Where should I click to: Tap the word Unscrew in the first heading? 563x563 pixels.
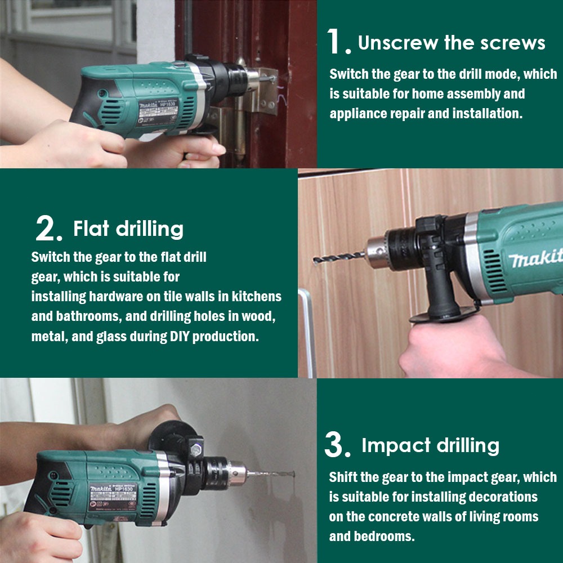(397, 42)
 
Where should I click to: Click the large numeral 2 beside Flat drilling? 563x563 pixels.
(45, 228)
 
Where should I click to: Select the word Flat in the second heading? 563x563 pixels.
(91, 228)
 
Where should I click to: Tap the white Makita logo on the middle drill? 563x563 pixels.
(535, 258)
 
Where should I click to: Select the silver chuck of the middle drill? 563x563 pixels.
(377, 252)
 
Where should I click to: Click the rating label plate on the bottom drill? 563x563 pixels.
(113, 497)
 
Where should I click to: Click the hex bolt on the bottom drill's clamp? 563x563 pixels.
(196, 449)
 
